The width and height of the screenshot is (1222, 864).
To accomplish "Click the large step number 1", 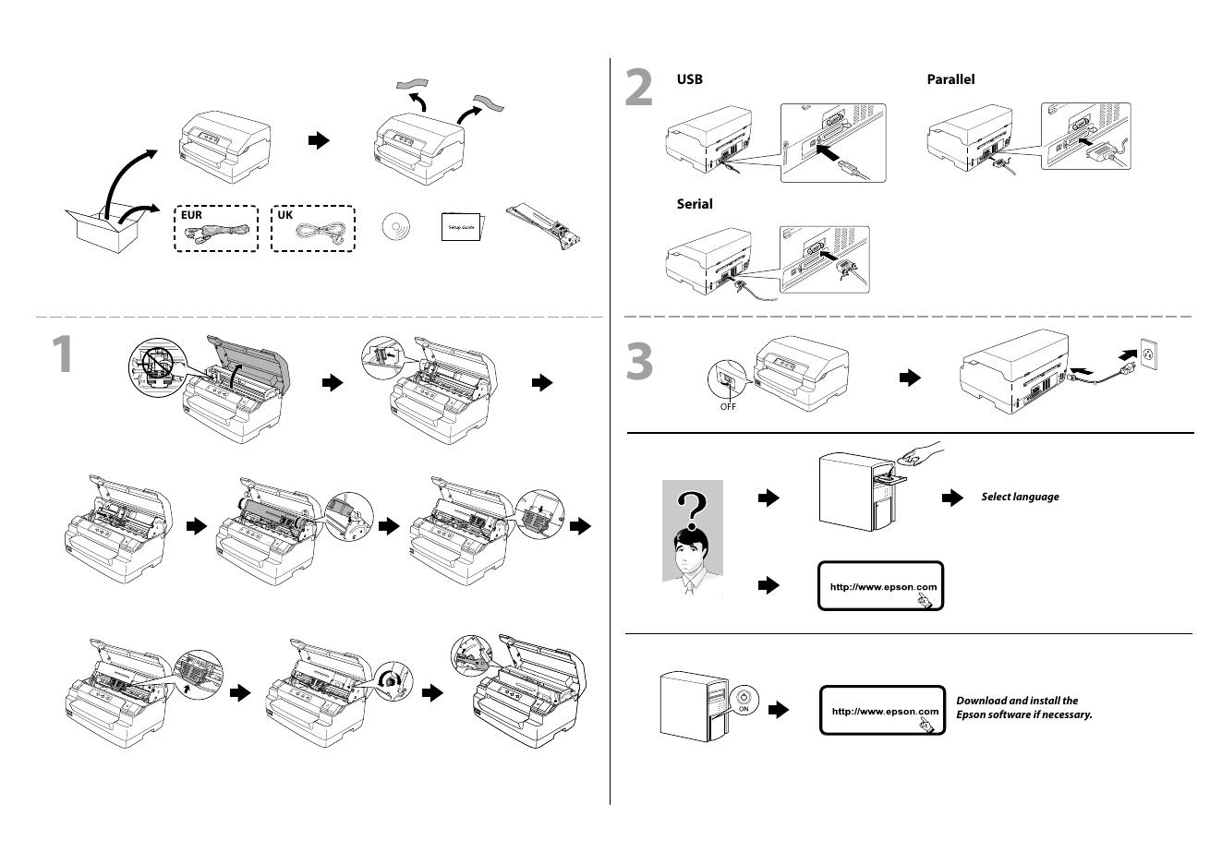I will tap(62, 355).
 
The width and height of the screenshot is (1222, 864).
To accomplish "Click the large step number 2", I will tap(639, 89).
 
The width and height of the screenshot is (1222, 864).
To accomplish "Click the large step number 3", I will tap(639, 361).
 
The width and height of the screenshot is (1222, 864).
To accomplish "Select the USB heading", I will tap(690, 79).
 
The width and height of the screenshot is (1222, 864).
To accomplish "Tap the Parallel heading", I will tap(950, 79).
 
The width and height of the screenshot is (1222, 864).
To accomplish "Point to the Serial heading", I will tap(695, 204).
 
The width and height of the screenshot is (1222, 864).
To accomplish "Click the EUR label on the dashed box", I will tap(191, 215).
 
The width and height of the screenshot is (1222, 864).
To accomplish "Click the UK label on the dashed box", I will tap(285, 215).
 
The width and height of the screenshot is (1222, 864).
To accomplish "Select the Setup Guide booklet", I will tap(462, 226).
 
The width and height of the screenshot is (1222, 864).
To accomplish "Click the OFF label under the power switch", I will tap(728, 407).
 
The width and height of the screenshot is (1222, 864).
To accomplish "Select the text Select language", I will tap(1020, 497).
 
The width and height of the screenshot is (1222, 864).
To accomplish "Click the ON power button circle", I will tap(744, 699).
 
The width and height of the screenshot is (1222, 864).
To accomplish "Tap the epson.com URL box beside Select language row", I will tap(881, 586).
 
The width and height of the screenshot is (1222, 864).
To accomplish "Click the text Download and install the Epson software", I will tap(1023, 708).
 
